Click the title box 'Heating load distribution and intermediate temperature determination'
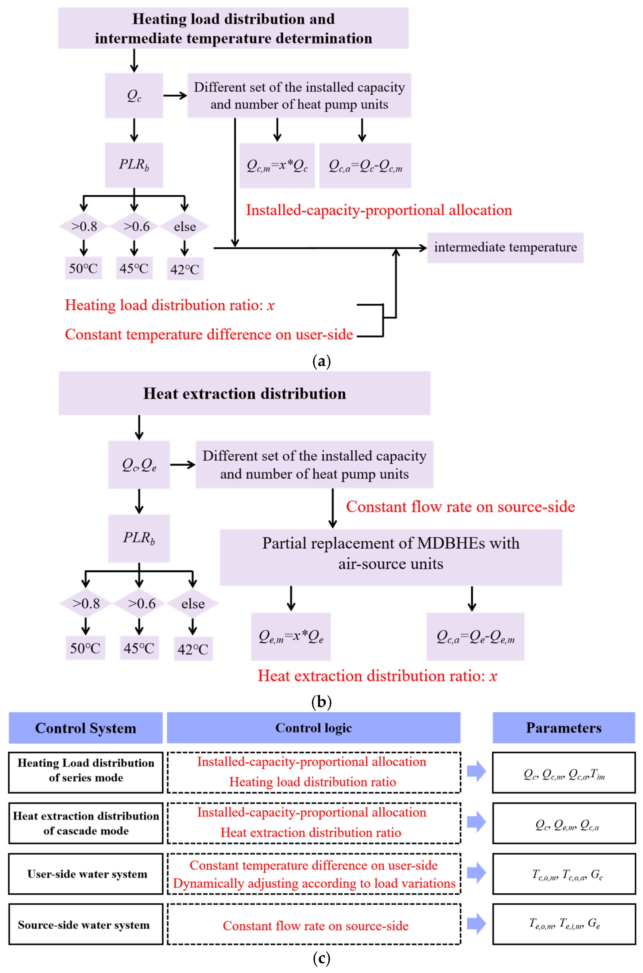[233, 28]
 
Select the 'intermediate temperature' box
[505, 248]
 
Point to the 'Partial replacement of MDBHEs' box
[391, 557]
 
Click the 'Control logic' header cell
[314, 728]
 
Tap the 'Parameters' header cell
[564, 728]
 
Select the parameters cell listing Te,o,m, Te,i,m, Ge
[564, 925]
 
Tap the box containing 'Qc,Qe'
[139, 465]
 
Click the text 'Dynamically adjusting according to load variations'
[314, 883]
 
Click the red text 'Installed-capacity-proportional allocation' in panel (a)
[379, 210]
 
